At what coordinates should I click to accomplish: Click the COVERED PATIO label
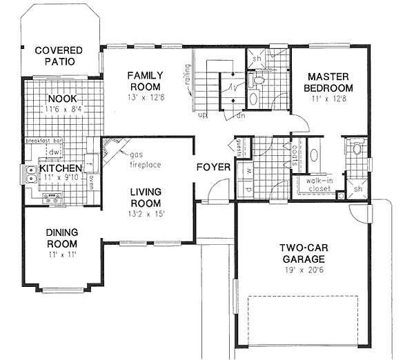58,56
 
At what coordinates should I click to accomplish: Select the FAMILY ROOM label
145,81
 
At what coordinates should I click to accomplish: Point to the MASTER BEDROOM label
330,83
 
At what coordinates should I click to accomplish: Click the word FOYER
213,168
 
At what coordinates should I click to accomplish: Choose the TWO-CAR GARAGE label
308,253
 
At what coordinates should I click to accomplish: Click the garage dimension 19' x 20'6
308,272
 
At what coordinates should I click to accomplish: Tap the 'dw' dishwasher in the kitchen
52,152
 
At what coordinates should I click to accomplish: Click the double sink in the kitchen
32,175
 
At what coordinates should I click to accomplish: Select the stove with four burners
52,199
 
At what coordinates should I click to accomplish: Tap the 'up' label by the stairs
203,114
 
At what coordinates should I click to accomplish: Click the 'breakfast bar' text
47,141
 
